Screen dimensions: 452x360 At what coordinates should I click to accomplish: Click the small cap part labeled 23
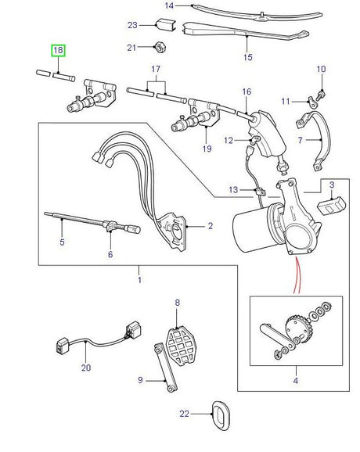164,25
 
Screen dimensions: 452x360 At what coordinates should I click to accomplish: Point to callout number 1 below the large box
140,279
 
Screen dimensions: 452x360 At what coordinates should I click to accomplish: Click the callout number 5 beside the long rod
63,243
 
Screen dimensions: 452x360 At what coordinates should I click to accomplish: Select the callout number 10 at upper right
321,70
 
